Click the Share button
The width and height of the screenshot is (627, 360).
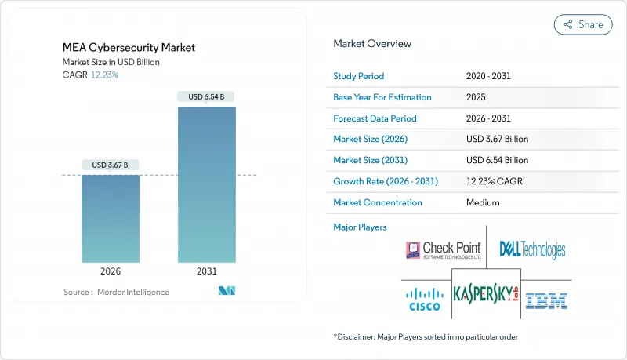click(x=583, y=24)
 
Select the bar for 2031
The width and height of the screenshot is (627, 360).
click(x=207, y=184)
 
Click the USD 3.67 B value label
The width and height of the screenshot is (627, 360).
click(x=111, y=165)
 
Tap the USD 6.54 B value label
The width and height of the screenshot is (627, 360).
click(x=207, y=97)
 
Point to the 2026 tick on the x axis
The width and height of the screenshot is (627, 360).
click(x=111, y=271)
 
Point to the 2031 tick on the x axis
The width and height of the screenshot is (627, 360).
click(x=207, y=271)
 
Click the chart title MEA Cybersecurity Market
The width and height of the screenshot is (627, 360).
click(x=129, y=48)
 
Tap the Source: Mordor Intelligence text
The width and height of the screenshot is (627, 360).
click(x=116, y=292)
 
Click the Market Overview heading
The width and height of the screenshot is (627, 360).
click(x=371, y=44)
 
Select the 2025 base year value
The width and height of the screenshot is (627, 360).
click(x=476, y=97)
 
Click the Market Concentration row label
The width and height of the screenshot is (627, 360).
click(x=378, y=202)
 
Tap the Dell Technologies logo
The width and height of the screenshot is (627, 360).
click(x=532, y=250)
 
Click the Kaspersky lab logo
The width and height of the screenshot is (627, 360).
click(x=487, y=295)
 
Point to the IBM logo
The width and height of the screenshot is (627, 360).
click(x=546, y=299)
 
